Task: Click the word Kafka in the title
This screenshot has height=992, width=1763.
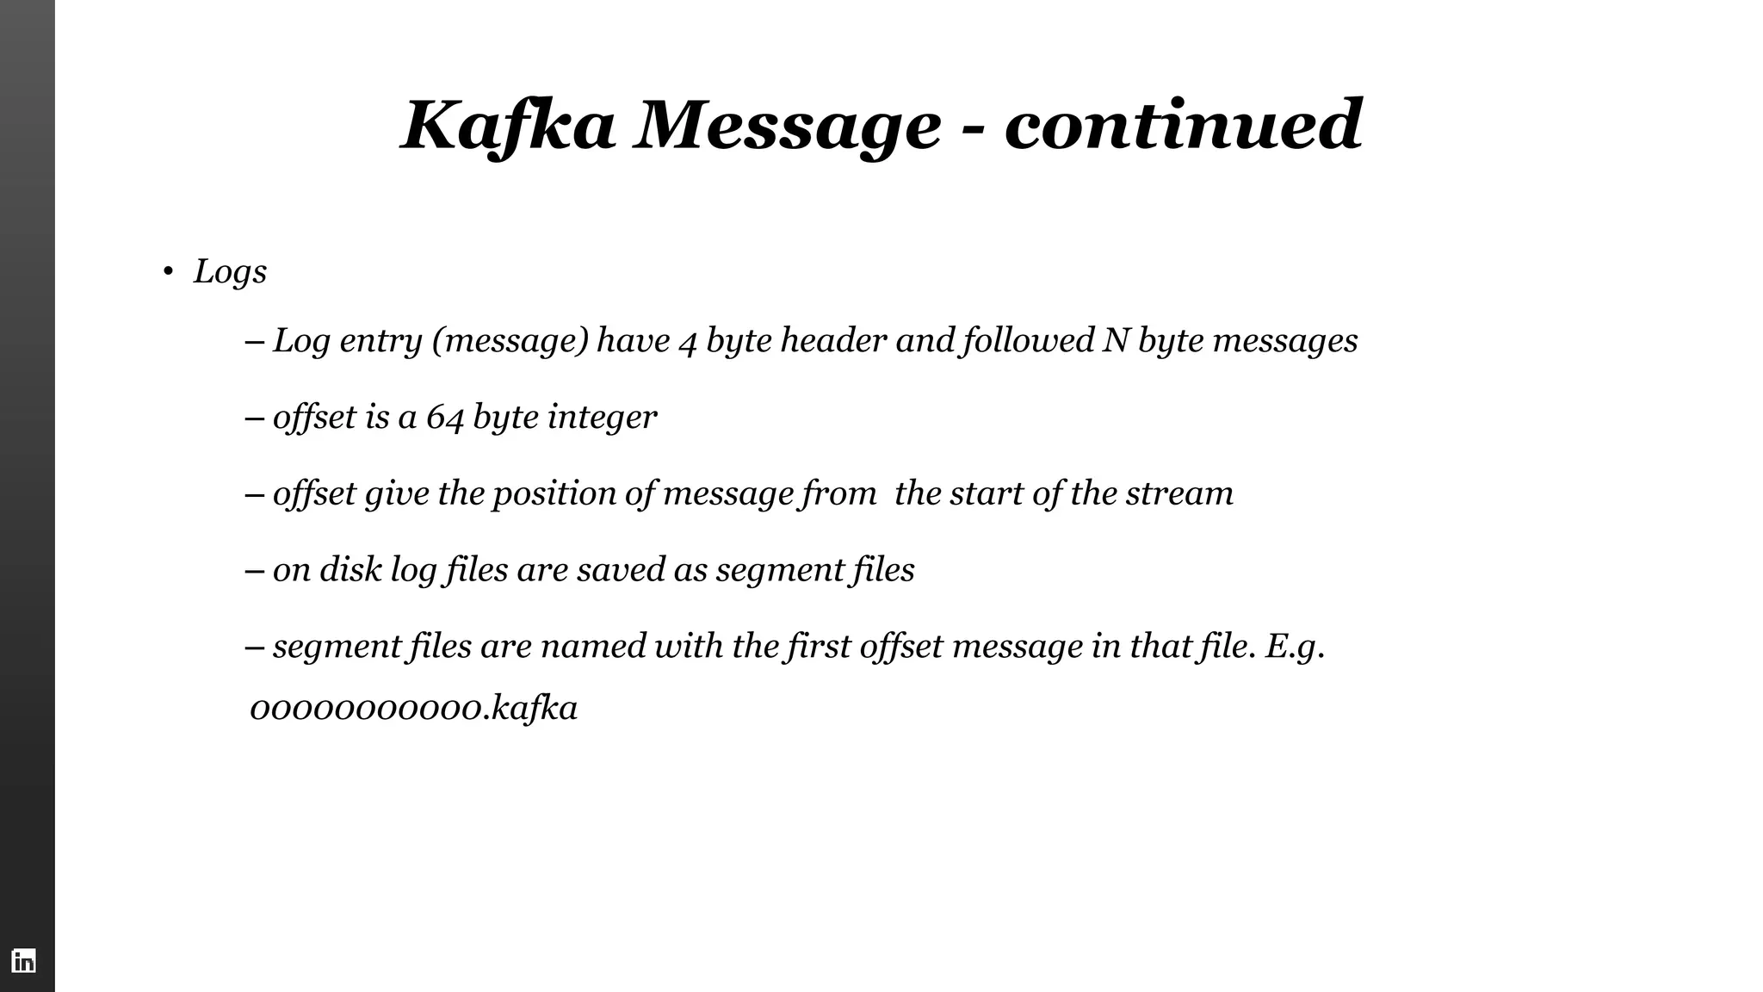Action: (x=508, y=126)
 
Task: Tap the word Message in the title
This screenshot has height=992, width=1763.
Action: (x=787, y=126)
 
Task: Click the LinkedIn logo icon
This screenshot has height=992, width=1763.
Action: (x=24, y=960)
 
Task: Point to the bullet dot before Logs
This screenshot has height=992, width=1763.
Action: (x=168, y=273)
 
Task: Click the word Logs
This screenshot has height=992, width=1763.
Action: (x=230, y=272)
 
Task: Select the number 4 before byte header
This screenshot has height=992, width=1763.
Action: (x=688, y=342)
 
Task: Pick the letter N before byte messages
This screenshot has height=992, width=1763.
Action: (x=1116, y=340)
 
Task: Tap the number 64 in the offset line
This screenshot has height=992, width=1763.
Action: (x=445, y=418)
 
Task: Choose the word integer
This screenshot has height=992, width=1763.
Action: (x=602, y=418)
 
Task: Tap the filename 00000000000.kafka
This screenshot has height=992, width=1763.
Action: (x=413, y=709)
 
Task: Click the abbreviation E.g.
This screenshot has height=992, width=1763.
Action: (x=1294, y=646)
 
